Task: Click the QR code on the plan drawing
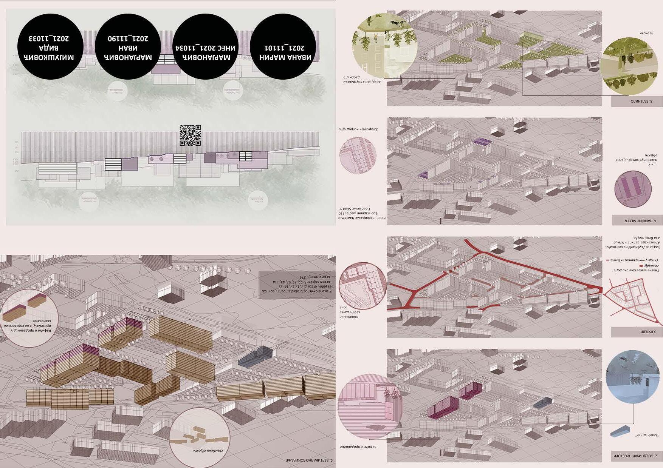point(190,135)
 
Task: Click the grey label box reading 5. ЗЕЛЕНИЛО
point(637,101)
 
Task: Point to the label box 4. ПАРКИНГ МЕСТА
point(637,220)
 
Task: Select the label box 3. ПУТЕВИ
point(637,332)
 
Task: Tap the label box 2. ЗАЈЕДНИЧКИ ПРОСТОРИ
point(637,456)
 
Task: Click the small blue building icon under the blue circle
point(620,431)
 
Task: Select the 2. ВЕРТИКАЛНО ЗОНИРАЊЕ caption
point(310,461)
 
